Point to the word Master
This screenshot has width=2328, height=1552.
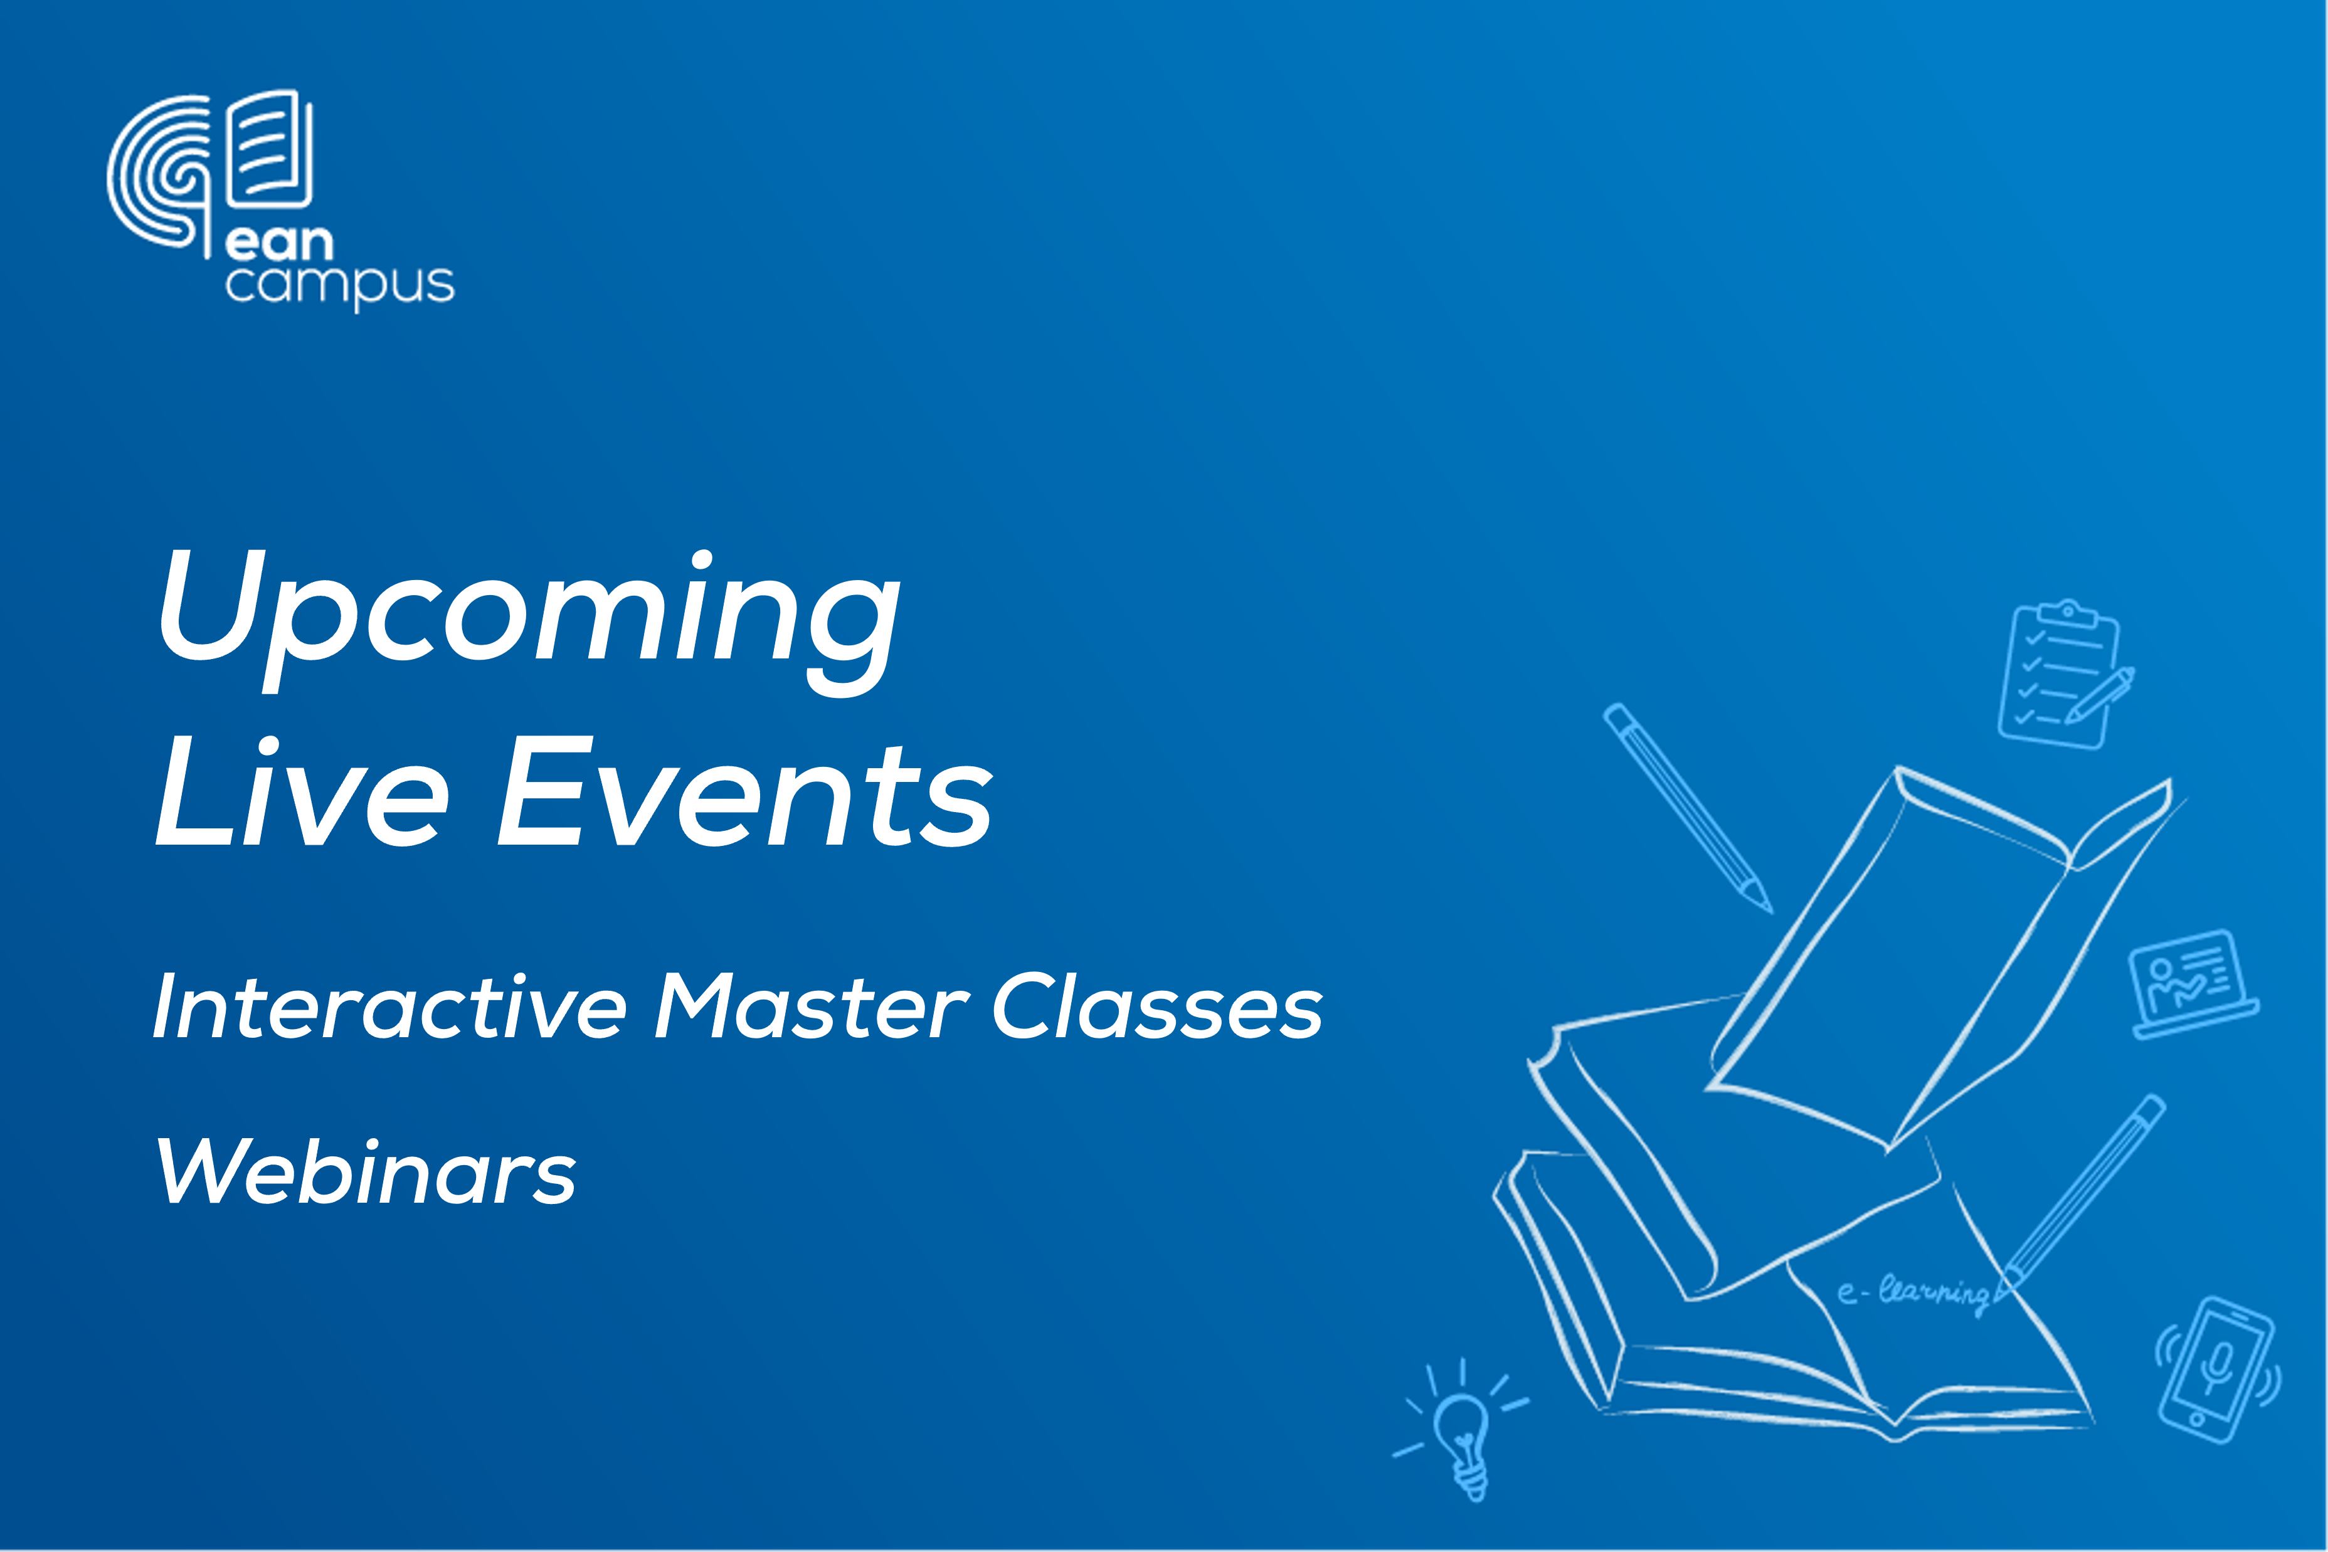tap(812, 1006)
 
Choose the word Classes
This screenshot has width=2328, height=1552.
tap(1158, 1006)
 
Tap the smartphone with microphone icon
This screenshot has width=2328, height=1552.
tap(2219, 1370)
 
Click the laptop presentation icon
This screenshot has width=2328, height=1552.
tap(2193, 984)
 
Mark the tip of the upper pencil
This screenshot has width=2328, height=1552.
tap(1770, 911)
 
